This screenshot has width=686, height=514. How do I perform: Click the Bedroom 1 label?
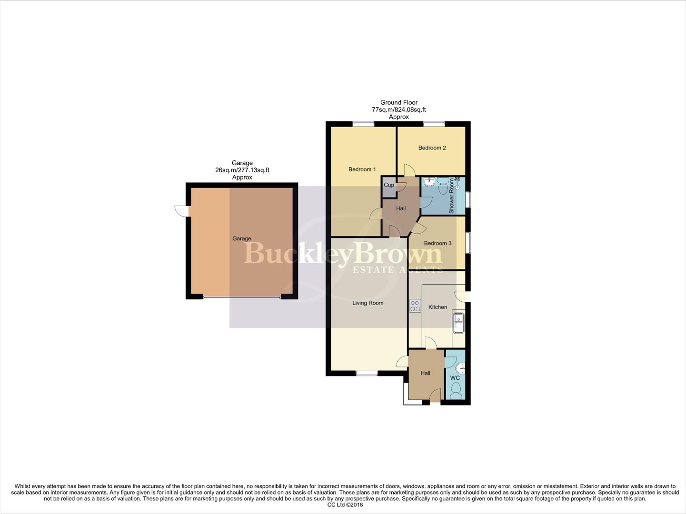coord(362,169)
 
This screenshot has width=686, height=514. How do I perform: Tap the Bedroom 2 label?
coord(432,148)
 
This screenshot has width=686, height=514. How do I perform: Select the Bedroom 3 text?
coord(437,243)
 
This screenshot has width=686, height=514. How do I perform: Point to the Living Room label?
coord(368,303)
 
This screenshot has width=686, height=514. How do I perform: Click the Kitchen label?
coord(437,307)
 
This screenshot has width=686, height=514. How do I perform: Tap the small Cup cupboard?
coord(389,185)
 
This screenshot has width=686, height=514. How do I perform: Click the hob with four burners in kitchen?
coord(415,306)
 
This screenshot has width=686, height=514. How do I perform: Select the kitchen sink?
coord(458,323)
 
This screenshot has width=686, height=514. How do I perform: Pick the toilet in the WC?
coord(456,392)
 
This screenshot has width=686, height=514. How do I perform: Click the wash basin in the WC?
coord(460,368)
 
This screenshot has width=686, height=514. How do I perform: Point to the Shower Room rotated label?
coord(451,196)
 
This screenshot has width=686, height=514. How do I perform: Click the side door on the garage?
coord(181,211)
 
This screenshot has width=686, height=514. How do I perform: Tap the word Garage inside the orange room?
coord(241,238)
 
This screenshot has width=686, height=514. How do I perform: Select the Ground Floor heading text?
coord(398,102)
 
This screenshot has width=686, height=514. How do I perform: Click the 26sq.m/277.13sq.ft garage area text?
coord(242,170)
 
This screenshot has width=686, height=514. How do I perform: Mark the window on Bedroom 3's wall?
coord(467,242)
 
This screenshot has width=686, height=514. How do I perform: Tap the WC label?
coord(455,378)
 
